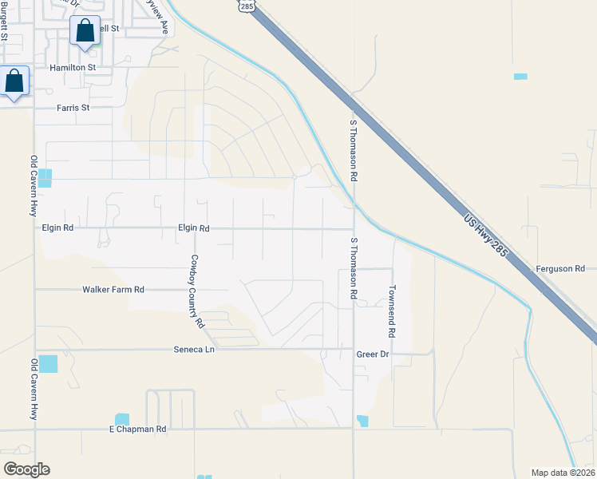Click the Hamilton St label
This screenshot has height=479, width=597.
tap(73, 68)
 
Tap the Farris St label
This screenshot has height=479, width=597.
tap(72, 108)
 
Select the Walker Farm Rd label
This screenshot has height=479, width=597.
tap(113, 289)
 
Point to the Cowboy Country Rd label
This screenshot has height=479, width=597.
tap(196, 292)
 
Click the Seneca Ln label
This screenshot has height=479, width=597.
tap(195, 350)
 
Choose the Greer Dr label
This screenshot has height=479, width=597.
tap(372, 353)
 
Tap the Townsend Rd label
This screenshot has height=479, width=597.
tap(392, 311)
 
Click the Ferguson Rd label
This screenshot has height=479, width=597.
tap(566, 269)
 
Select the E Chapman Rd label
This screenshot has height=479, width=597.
tap(137, 430)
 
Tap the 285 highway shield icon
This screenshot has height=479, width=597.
tap(246, 6)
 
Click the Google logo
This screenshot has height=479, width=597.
tap(26, 469)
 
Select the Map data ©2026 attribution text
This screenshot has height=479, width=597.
tap(563, 473)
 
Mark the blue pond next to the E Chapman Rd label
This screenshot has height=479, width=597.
tap(121, 418)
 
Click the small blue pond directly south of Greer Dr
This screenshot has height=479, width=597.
tap(363, 421)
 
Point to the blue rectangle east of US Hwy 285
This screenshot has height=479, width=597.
tap(521, 77)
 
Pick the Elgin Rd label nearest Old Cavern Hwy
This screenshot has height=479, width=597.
tap(57, 228)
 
